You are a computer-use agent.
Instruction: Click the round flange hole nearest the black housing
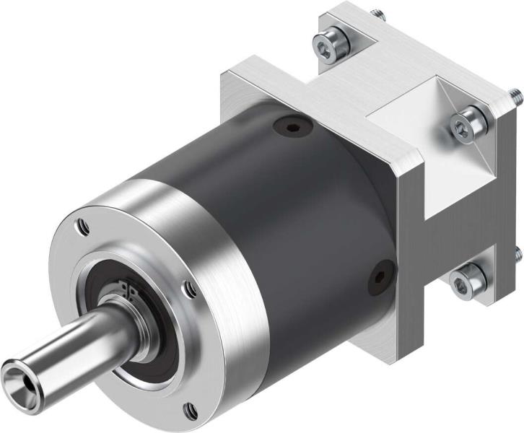click(189, 289)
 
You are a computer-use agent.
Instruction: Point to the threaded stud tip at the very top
click(376, 13)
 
